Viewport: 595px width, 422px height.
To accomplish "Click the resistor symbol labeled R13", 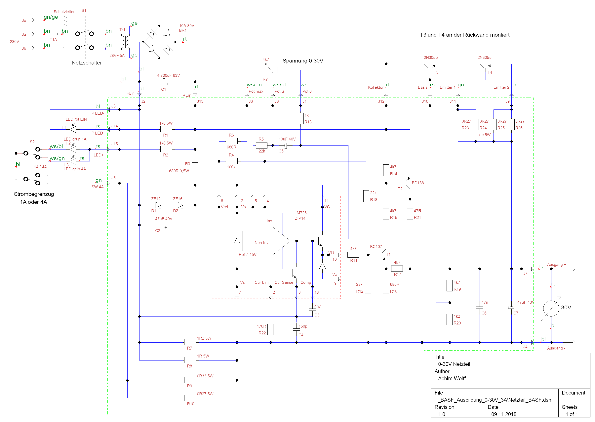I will click(x=300, y=118).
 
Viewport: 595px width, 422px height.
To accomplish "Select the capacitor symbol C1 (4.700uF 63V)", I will click(x=165, y=82).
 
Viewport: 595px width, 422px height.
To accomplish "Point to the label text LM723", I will click(x=300, y=213).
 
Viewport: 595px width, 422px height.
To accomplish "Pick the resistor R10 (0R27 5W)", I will click(x=190, y=398).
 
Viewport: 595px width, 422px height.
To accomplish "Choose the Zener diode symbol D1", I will click(x=158, y=205).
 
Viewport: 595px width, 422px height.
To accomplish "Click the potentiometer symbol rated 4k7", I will click(x=271, y=70).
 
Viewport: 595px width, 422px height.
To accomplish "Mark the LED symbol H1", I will click(x=73, y=129).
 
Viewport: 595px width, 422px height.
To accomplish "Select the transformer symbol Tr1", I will click(x=125, y=42).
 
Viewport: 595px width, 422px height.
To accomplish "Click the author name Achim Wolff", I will click(x=452, y=378).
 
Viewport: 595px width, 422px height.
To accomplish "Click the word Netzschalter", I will click(x=87, y=63).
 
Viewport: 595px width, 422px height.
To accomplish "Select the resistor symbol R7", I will click(x=190, y=342).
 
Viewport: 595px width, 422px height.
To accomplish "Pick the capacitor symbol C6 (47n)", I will click(x=479, y=308).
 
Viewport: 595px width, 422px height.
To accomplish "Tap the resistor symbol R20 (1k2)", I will click(x=450, y=319).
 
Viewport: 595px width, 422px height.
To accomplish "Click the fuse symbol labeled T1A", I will click(x=54, y=34).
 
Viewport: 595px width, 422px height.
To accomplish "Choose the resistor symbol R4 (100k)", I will click(x=231, y=161).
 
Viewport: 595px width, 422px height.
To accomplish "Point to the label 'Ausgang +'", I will click(x=556, y=265).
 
